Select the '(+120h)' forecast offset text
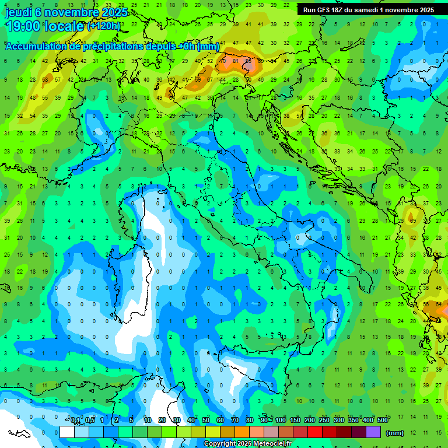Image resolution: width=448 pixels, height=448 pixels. tap(103, 26)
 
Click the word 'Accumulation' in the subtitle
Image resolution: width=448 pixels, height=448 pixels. tap(36, 46)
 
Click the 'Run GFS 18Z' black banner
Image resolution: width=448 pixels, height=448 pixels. tap(368, 10)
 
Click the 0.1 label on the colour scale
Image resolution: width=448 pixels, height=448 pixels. tap(75, 421)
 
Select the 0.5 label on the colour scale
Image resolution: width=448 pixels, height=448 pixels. tap(90, 421)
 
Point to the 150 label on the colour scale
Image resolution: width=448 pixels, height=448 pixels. tap(295, 421)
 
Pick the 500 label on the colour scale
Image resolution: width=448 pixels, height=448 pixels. tap(383, 421)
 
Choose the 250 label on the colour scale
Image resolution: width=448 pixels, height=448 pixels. tap(324, 421)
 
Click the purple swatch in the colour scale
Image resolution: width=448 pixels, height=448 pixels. tap(373, 432)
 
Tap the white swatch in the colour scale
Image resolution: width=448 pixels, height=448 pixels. tap(67, 432)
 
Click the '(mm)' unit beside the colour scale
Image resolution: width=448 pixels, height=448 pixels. tap(395, 433)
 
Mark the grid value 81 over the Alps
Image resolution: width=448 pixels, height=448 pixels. tap(236, 61)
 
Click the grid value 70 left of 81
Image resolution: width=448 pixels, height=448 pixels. tap(223, 61)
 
